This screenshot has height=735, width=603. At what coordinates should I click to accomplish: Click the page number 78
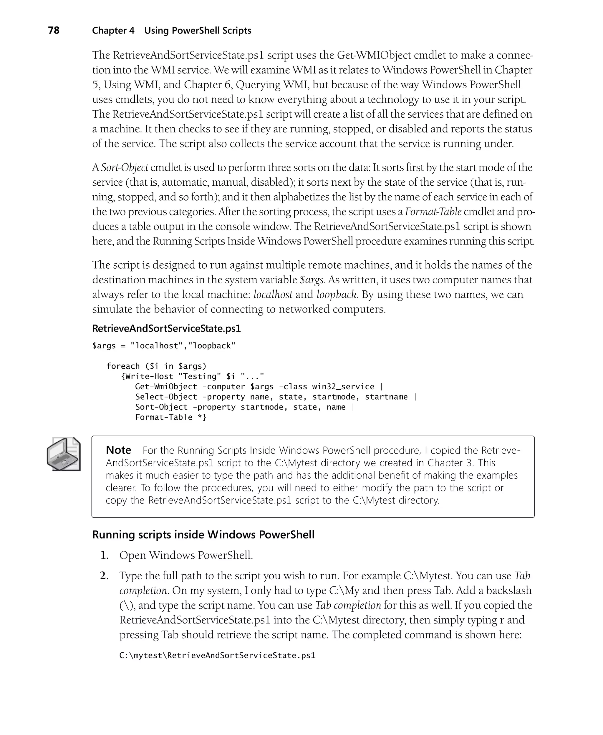(54, 31)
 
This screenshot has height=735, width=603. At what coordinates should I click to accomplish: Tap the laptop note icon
(64, 454)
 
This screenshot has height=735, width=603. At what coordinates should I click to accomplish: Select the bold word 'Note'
(118, 450)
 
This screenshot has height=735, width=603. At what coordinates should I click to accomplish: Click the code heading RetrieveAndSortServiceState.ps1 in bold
(166, 328)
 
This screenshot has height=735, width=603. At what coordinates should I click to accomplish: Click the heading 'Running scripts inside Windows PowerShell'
(203, 534)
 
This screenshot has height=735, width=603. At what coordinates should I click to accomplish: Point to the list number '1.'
(105, 555)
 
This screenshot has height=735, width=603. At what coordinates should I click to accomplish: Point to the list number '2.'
(104, 576)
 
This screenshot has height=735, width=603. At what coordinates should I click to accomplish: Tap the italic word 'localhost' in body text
(273, 295)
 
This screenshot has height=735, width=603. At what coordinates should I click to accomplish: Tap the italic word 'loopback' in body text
(336, 295)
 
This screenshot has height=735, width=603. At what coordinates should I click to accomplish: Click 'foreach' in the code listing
(123, 366)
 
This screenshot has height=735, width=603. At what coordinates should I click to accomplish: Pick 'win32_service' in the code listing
(343, 387)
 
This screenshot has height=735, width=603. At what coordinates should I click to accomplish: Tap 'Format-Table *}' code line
(170, 417)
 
